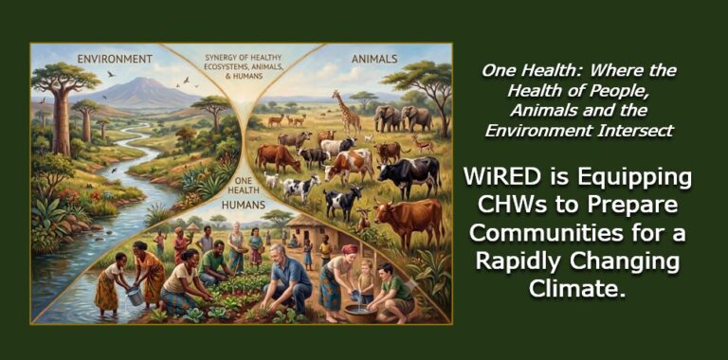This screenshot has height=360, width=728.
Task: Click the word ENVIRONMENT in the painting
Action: pos(115,59)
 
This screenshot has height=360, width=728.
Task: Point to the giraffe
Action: pos(348,113)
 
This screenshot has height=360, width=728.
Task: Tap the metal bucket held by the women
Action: pos(136,296)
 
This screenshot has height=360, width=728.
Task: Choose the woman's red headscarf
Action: pos(350,249)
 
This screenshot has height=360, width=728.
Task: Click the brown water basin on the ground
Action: pos(360,315)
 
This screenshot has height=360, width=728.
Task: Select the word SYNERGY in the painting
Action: pos(221,58)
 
